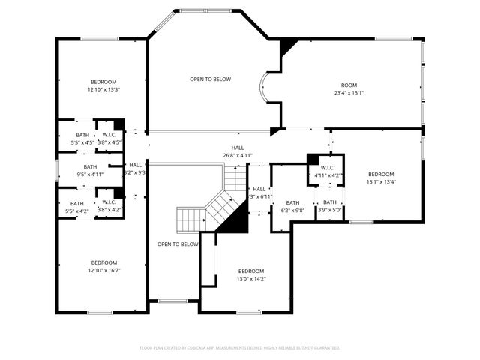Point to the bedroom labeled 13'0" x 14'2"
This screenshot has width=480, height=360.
coord(251,275)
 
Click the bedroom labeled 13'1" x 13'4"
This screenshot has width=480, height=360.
coord(380,178)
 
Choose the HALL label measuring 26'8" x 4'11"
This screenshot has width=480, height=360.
coord(238,152)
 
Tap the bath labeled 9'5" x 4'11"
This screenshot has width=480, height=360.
coord(90,171)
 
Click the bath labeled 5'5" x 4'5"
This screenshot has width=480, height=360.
coord(82,139)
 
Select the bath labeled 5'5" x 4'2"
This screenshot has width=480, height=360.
coord(77,208)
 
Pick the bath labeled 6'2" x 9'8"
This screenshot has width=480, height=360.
coord(292,206)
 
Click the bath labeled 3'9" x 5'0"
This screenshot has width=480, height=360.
coord(330,206)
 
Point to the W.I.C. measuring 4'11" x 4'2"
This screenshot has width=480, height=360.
coord(328,172)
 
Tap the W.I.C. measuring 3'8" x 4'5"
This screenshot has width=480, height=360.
coord(109,139)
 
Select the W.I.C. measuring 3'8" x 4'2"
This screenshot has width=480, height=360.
coord(109,206)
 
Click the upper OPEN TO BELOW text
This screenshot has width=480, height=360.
coord(210,79)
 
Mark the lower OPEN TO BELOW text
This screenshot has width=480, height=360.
coord(178,244)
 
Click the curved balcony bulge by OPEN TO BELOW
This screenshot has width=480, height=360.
coord(265,88)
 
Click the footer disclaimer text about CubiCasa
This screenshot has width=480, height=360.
coord(240,348)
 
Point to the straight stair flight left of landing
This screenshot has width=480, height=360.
coord(190,220)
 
